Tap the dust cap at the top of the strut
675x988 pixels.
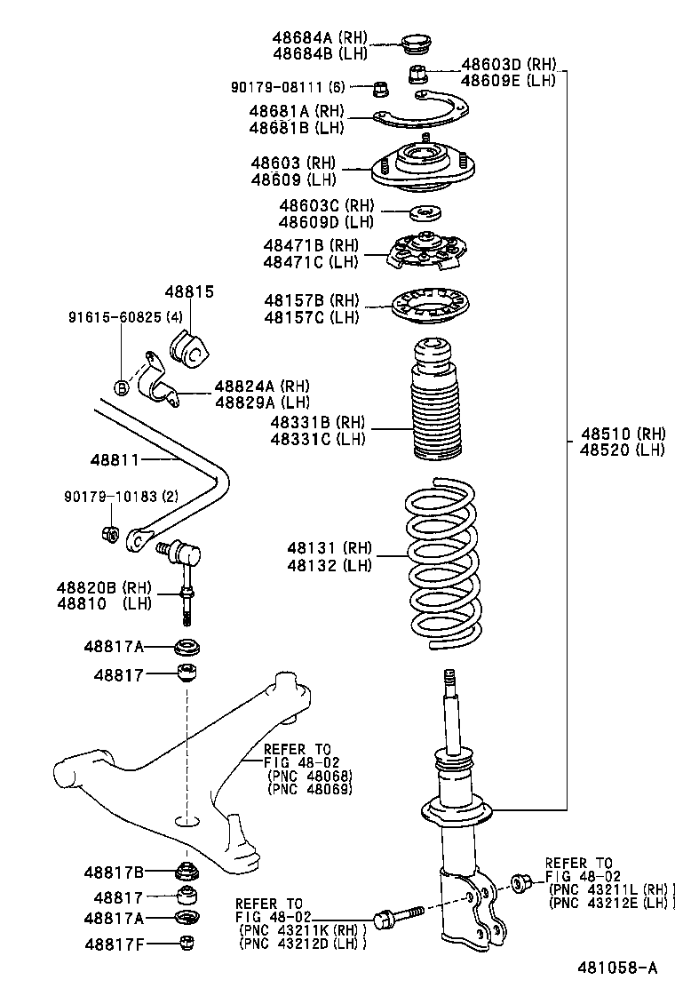point(415,42)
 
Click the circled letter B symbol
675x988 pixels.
point(122,386)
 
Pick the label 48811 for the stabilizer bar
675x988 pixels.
point(115,459)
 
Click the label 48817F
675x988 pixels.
point(114,942)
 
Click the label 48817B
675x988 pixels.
point(114,872)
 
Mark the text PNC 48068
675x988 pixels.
point(308,775)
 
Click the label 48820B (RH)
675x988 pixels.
point(104,587)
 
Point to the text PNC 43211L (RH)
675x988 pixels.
point(611,888)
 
